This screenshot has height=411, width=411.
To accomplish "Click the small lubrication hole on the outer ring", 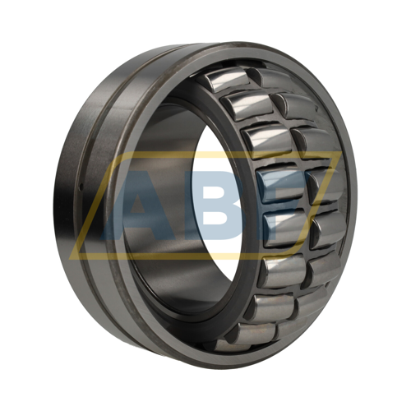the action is [81, 187].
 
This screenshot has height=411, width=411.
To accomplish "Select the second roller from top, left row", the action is [247, 106].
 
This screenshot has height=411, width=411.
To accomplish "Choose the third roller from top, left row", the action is [266, 141].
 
